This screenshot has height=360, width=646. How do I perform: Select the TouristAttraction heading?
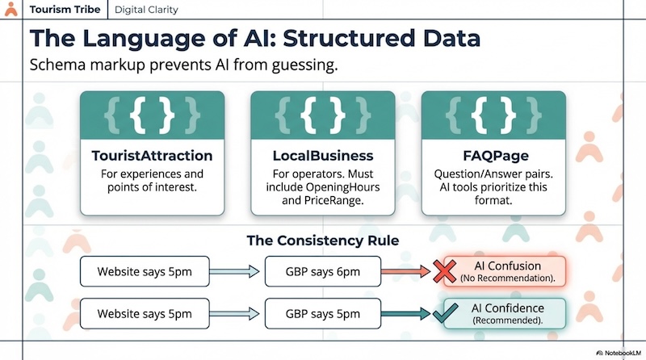[x=153, y=155]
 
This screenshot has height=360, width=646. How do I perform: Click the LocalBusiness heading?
[x=322, y=155]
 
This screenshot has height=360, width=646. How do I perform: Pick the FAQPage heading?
[x=493, y=155]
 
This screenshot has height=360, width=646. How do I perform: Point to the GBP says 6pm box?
[x=323, y=271]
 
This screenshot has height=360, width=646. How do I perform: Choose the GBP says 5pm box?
[x=323, y=313]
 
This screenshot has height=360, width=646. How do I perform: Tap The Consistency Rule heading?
[x=323, y=240]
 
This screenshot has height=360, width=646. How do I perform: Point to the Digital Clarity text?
[x=146, y=10]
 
